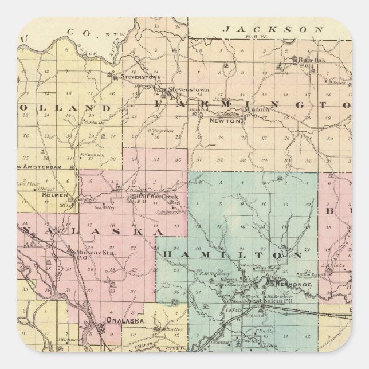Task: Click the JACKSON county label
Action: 265,28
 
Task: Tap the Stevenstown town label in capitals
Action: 143,77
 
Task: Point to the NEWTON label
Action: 224,120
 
